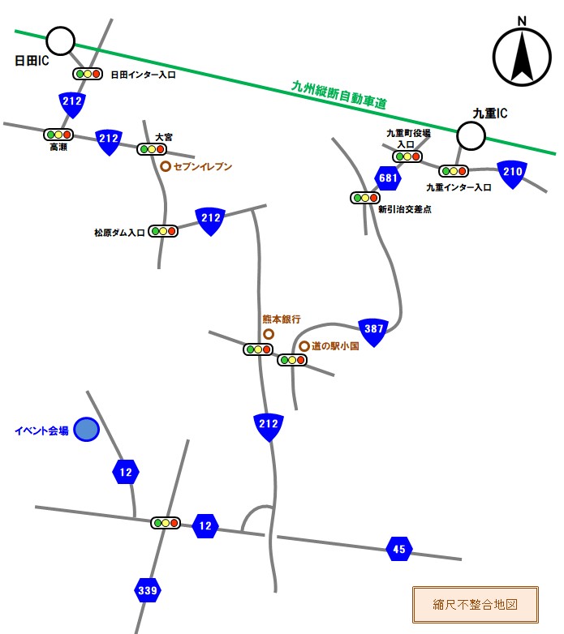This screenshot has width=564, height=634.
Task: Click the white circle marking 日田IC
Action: pyautogui.click(x=60, y=41)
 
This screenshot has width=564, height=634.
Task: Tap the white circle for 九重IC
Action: pyautogui.click(x=470, y=136)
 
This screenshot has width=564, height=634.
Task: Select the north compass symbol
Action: pyautogui.click(x=522, y=56)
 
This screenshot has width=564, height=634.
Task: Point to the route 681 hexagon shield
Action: pyautogui.click(x=386, y=177)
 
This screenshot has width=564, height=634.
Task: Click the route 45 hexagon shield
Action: pyautogui.click(x=398, y=549)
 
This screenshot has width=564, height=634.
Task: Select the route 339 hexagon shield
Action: pyautogui.click(x=147, y=590)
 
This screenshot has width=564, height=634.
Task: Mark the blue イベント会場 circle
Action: pyautogui.click(x=86, y=430)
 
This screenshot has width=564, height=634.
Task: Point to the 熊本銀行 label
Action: pyautogui.click(x=281, y=319)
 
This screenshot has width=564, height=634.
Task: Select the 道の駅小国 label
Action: pyautogui.click(x=329, y=346)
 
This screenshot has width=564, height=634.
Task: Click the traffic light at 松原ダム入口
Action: pyautogui.click(x=163, y=231)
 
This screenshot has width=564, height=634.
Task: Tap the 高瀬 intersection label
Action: pyautogui.click(x=58, y=148)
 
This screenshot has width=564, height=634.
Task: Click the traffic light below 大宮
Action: pyautogui.click(x=152, y=149)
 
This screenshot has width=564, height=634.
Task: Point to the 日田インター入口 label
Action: pyautogui.click(x=143, y=75)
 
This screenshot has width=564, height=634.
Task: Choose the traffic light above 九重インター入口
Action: pyautogui.click(x=454, y=171)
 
